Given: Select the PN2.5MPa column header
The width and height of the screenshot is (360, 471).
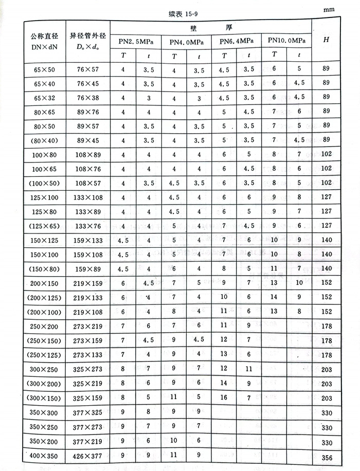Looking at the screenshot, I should pyautogui.click(x=135, y=41).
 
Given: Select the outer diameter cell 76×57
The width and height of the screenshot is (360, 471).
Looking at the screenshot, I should pyautogui.click(x=87, y=68).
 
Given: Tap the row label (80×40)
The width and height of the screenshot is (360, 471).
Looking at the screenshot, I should pyautogui.click(x=44, y=140).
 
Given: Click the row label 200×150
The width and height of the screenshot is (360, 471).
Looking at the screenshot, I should pyautogui.click(x=44, y=283).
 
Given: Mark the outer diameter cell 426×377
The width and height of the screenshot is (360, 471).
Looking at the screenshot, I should pyautogui.click(x=87, y=455).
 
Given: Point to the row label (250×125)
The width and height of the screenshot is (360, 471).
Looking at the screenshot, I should pyautogui.click(x=44, y=354).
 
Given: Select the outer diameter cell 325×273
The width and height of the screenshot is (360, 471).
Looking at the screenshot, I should pyautogui.click(x=87, y=369).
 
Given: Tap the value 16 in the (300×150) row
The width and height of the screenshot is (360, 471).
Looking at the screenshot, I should pyautogui.click(x=224, y=397).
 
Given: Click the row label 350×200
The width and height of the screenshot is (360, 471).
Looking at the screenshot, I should pyautogui.click(x=44, y=440).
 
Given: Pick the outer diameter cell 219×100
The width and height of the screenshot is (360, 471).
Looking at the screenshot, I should pyautogui.click(x=87, y=312).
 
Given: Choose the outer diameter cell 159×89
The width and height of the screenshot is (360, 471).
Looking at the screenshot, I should pyautogui.click(x=87, y=268).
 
